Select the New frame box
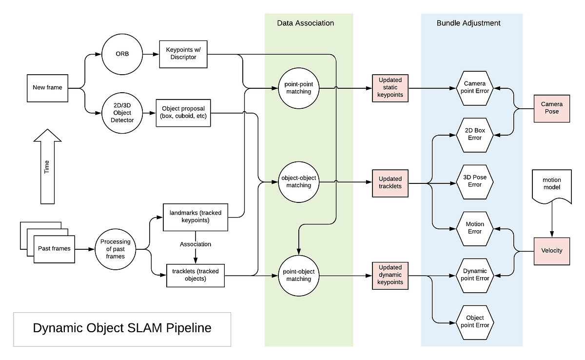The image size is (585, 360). coord(47,88)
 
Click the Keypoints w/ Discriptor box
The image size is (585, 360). coord(184,54)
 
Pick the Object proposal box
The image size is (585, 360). coord(183,113)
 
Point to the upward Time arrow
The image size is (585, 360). coord(47,166)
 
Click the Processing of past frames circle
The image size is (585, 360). coord(116,249)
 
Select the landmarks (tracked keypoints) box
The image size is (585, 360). coord(195,217)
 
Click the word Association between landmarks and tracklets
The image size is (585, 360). coord(196,244)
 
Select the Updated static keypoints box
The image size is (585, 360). coord(390,88)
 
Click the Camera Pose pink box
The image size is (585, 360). coord(552,108)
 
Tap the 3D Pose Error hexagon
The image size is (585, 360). coord(475,181)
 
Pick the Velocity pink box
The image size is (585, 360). coord(552,251)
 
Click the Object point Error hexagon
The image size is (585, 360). coord(475,321)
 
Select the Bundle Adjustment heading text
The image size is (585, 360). coord(468,23)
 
